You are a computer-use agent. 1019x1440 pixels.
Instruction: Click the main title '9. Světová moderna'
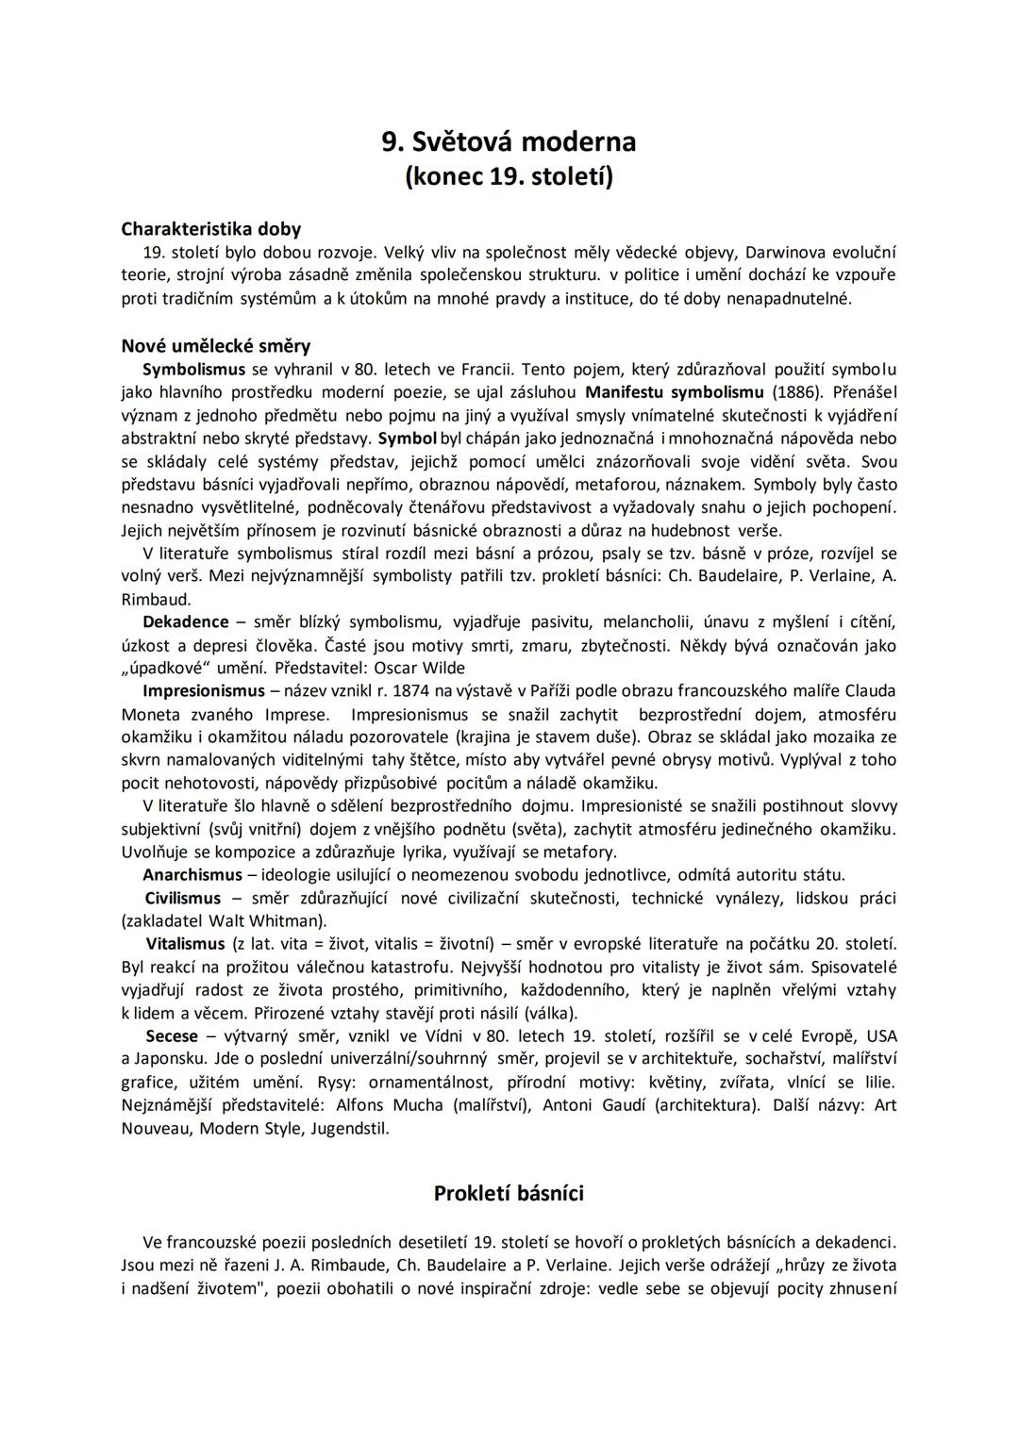coord(509,141)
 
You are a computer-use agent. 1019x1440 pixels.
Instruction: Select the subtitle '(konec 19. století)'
coord(509,175)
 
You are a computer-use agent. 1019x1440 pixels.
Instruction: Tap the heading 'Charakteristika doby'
coord(211,229)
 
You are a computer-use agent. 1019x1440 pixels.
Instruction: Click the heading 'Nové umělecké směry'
coord(216,346)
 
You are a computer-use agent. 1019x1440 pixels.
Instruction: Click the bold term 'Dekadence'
coord(186,622)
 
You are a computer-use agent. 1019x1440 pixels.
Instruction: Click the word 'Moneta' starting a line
coord(150,715)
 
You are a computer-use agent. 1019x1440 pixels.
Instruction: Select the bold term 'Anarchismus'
coord(192,875)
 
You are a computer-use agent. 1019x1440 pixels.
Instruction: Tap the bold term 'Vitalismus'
coord(186,944)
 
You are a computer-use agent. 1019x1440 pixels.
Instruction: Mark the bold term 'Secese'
coord(172,1036)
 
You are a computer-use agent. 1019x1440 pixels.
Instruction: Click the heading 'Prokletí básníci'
coord(509,1194)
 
